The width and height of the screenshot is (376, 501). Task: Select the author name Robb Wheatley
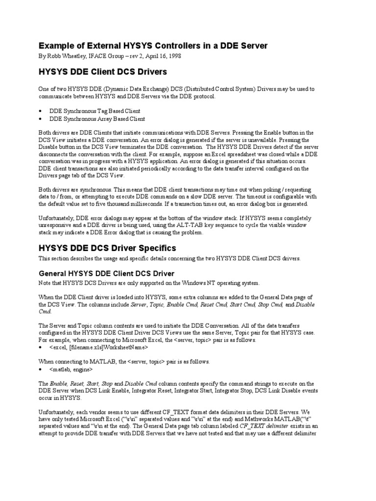pos(67,56)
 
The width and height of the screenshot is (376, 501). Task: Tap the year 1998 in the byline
pos(174,56)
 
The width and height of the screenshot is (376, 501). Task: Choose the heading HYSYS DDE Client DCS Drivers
pos(102,72)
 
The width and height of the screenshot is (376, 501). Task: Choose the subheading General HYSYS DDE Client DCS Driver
pos(106,273)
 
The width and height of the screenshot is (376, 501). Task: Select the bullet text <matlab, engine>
pos(74,370)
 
